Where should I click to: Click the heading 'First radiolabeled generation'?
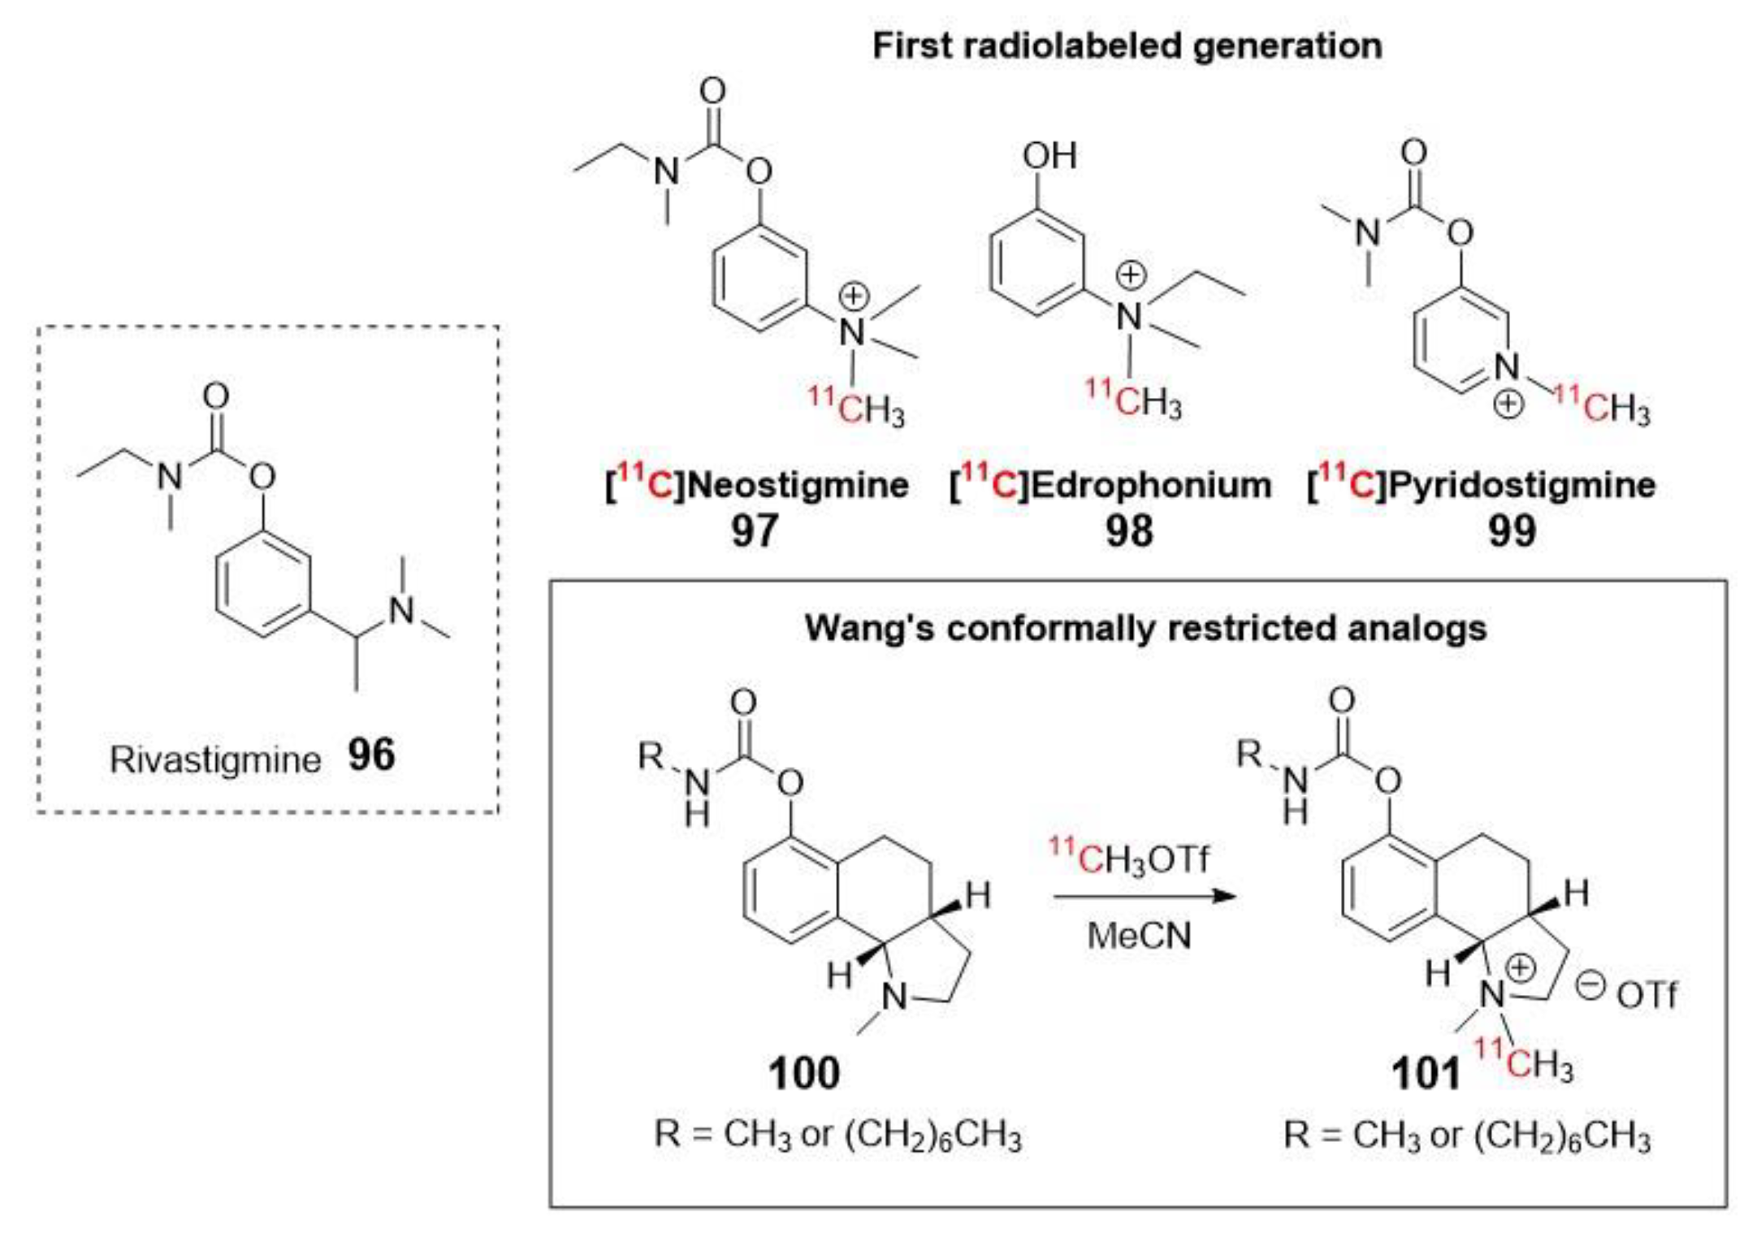point(1127,45)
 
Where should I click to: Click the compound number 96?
point(371,755)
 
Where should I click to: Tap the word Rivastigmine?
point(215,760)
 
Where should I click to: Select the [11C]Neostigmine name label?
point(756,485)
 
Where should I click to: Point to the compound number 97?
point(755,531)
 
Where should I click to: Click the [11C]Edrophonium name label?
point(1110,485)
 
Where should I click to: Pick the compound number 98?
point(1128,531)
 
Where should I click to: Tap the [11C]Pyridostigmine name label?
point(1481,485)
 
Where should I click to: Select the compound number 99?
point(1512,531)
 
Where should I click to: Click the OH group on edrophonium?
point(1049,155)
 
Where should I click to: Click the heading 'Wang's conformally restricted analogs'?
point(1145,628)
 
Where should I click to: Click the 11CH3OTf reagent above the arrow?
point(1128,858)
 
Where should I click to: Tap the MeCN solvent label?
point(1139,936)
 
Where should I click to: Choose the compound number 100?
point(803,1073)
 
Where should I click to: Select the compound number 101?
point(1426,1073)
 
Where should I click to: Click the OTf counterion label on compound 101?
point(1645,995)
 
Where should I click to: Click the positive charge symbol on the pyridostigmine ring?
point(1508,404)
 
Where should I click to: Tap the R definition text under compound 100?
point(837,1134)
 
